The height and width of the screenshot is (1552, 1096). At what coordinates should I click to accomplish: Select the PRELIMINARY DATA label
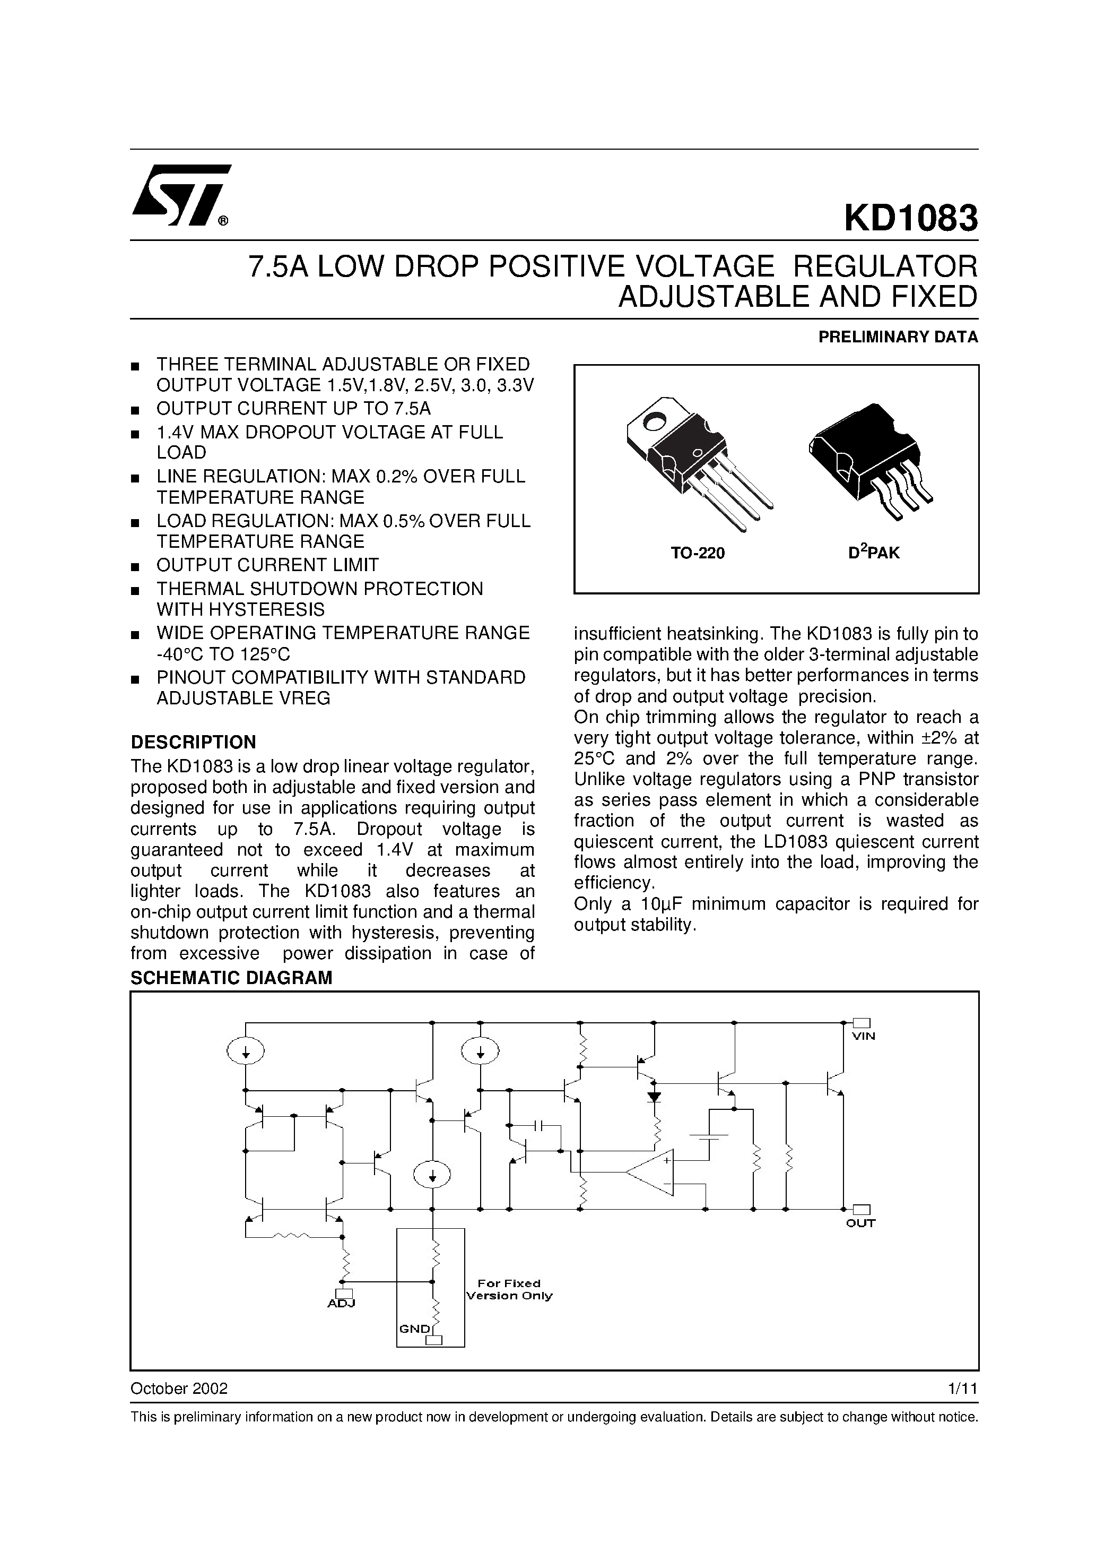[x=898, y=337]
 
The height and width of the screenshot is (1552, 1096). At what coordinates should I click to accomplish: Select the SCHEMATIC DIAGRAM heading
[x=231, y=978]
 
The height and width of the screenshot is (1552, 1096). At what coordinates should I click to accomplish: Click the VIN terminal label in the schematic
[x=863, y=1036]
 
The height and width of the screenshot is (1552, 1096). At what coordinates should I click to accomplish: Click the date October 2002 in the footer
[x=179, y=1389]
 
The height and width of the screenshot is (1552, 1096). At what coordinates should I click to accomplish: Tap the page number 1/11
[x=963, y=1389]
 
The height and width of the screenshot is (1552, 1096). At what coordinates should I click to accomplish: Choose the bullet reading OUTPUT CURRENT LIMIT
[x=267, y=565]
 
